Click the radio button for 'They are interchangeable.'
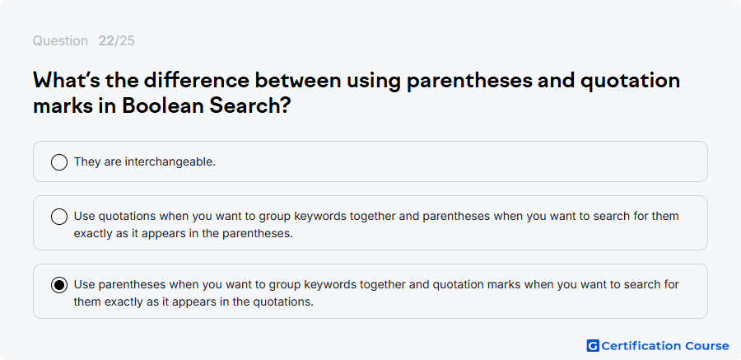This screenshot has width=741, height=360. (x=59, y=162)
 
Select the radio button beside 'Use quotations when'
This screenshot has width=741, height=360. (x=59, y=217)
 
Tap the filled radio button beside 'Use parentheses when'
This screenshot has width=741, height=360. (x=59, y=285)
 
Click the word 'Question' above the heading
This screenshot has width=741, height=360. (x=60, y=41)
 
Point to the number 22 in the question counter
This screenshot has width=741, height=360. (x=106, y=41)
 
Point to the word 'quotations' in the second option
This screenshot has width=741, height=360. (x=127, y=216)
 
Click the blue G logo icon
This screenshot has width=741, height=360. (x=593, y=346)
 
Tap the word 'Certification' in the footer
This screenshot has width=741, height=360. (x=641, y=346)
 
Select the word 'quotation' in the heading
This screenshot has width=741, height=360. (x=630, y=81)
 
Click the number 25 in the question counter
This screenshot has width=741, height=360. (x=127, y=41)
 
